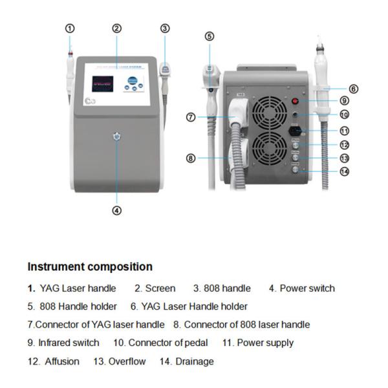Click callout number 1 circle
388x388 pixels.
[70, 28]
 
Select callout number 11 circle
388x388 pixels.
[345, 130]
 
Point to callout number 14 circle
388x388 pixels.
[344, 171]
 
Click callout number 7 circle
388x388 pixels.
[191, 117]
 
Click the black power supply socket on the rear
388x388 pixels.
[297, 130]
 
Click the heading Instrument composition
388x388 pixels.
[90, 266]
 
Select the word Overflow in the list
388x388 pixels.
[127, 361]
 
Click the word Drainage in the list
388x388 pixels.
[194, 361]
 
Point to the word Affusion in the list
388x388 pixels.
[62, 361]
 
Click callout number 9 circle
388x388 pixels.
[345, 100]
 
